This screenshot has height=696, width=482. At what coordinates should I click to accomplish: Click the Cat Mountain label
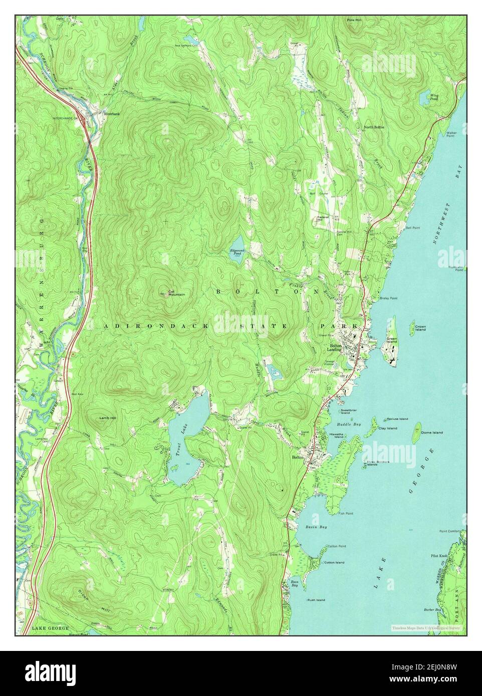[176, 293]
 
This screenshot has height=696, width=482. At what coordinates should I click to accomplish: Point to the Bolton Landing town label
[335, 347]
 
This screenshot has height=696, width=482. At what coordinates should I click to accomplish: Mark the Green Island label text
[391, 340]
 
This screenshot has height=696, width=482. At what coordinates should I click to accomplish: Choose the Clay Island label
[388, 428]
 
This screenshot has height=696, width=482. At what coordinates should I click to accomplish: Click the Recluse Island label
[397, 419]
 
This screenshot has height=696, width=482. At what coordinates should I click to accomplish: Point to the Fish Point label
[345, 513]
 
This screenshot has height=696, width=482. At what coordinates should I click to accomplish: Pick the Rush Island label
[316, 599]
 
